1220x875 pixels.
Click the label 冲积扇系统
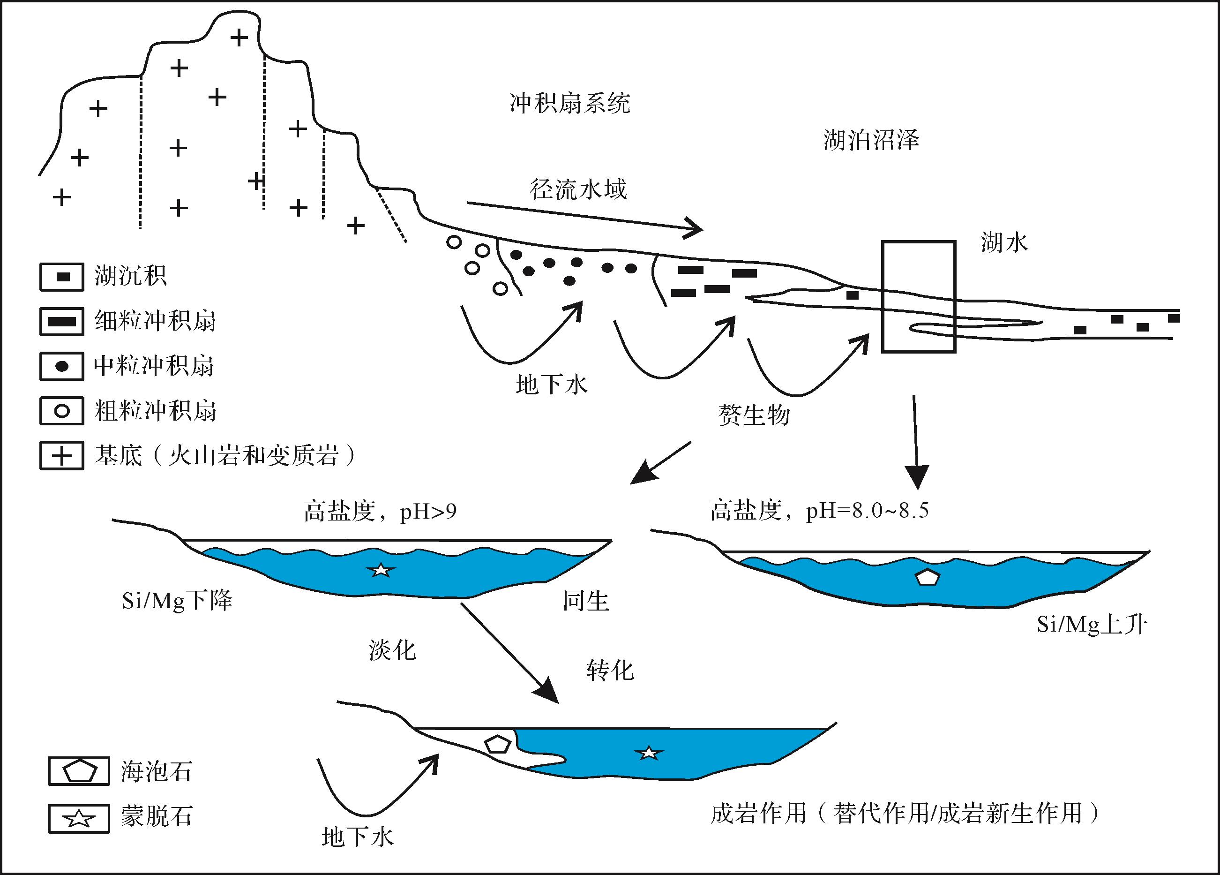coord(569,103)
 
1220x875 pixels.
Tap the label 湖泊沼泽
coord(871,140)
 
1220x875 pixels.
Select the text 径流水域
coord(578,189)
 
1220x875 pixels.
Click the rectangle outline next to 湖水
coord(882,296)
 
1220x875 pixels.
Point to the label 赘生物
coord(754,415)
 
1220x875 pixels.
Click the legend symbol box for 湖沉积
coord(62,277)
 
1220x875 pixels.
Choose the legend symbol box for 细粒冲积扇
coord(62,322)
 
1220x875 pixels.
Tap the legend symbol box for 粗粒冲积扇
coord(62,411)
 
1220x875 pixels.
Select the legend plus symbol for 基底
coord(62,456)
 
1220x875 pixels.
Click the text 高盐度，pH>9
coord(380,511)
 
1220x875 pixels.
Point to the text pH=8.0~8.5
coord(867,510)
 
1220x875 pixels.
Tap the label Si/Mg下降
coord(177,601)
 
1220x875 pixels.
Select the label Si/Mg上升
coord(1092,624)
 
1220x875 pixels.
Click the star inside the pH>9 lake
coord(381,569)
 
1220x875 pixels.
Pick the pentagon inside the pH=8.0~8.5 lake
coord(928,577)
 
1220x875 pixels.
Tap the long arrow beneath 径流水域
coord(585,217)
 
